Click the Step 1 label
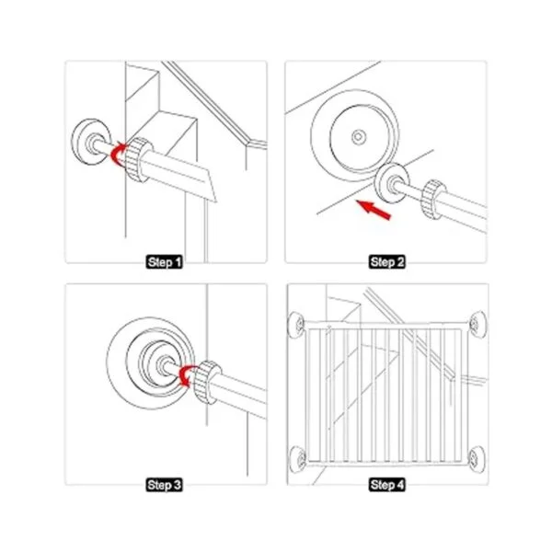(x=164, y=262)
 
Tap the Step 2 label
(x=387, y=262)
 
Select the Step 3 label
(x=164, y=485)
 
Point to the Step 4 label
(x=387, y=485)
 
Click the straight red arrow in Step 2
(x=374, y=210)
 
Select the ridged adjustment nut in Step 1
(x=138, y=159)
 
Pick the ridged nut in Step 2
(x=433, y=200)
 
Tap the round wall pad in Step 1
(x=91, y=142)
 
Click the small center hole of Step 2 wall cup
(x=359, y=136)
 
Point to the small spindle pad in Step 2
(x=391, y=183)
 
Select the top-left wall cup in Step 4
(x=296, y=325)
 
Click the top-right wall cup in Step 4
(x=477, y=324)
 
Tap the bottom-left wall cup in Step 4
(x=298, y=458)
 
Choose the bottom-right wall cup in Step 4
(x=477, y=458)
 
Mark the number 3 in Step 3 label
(x=176, y=485)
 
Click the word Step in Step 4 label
(x=383, y=485)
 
